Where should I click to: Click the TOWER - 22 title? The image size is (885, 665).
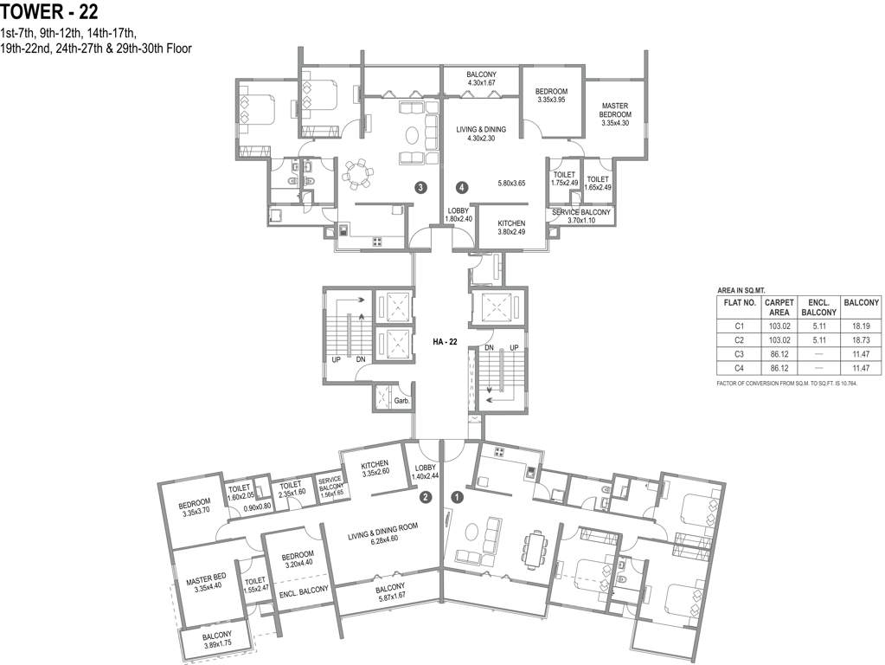pos(49,10)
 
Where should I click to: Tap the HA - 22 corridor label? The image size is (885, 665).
pos(445,340)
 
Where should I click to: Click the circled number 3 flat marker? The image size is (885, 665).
pos(420,187)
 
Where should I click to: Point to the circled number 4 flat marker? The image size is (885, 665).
pos(462,187)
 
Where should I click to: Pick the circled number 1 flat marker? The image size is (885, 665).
pos(457,498)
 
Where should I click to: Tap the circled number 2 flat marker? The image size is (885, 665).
pos(426,497)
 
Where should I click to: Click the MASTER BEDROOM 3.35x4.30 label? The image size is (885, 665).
pos(614,114)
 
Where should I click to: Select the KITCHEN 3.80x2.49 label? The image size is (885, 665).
pos(511,227)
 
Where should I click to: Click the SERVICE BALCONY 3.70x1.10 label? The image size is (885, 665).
pos(580,216)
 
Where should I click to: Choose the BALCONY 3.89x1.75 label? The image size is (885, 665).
pos(217,639)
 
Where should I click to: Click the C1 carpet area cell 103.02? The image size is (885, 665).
pos(779,326)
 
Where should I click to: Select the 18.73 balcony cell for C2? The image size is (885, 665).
pos(862,340)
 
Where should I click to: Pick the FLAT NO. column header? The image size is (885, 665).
pos(740,303)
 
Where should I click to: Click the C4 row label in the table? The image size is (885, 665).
pos(740,368)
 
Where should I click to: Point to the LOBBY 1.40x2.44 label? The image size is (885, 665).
pos(425,472)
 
